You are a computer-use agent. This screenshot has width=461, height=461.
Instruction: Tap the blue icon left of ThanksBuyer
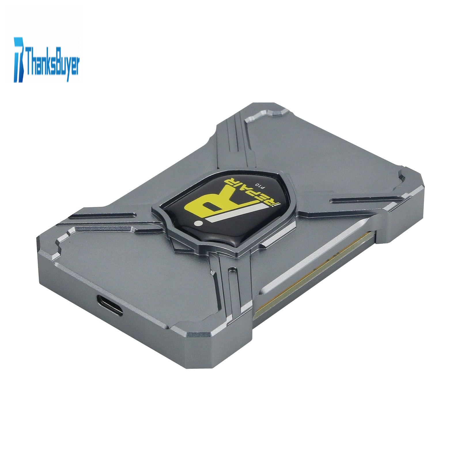pyautogui.click(x=19, y=59)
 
